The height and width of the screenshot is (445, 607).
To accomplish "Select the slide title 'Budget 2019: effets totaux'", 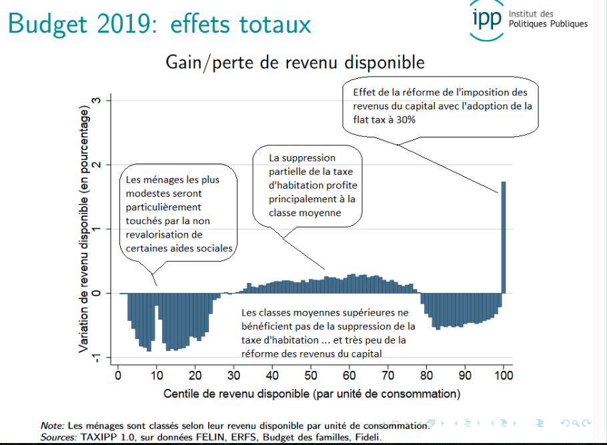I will pyautogui.click(x=160, y=24).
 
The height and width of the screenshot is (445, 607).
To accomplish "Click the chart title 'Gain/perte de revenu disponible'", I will pyautogui.click(x=295, y=63).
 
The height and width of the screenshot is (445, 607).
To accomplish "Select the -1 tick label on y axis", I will pyautogui.click(x=95, y=358).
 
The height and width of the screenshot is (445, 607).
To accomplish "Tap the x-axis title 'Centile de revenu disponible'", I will pyautogui.click(x=312, y=394).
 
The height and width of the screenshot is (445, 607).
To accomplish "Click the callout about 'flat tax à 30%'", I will pyautogui.click(x=441, y=106).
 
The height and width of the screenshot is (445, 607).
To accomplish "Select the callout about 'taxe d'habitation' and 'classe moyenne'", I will pyautogui.click(x=307, y=185).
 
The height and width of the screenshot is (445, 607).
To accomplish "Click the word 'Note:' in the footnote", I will pyautogui.click(x=51, y=426).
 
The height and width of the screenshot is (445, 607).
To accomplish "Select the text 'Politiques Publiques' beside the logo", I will pyautogui.click(x=548, y=24).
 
